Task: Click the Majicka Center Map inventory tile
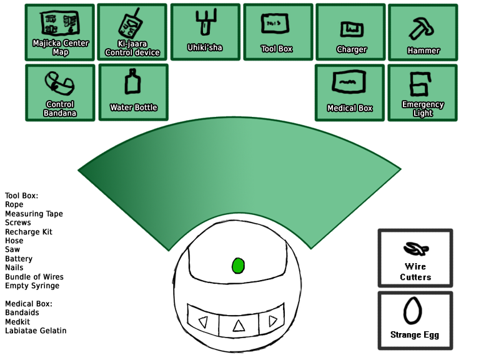pos(60,32)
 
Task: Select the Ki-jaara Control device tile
pos(132,32)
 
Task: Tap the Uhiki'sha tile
pos(205,32)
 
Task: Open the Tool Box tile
pos(277,32)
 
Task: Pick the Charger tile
pos(351,32)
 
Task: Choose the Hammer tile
pos(423,32)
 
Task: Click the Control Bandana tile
pos(60,92)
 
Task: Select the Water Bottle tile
pos(133,92)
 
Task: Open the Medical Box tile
pos(350,92)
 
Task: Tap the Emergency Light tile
pos(423,92)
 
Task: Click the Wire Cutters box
pos(415,259)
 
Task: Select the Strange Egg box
pos(415,320)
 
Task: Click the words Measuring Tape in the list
pos(34,214)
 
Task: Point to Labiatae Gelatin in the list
pos(36,331)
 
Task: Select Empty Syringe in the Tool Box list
pos(32,286)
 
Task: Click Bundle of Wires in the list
pos(34,277)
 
